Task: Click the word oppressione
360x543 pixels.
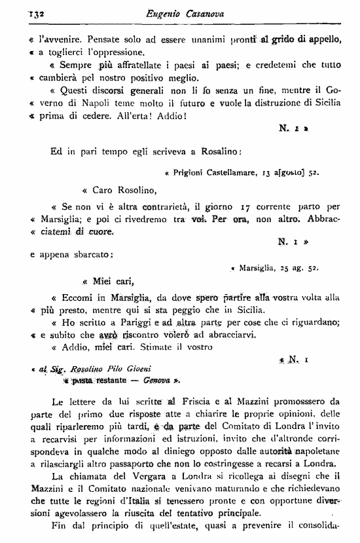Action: pyautogui.click(x=124, y=52)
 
